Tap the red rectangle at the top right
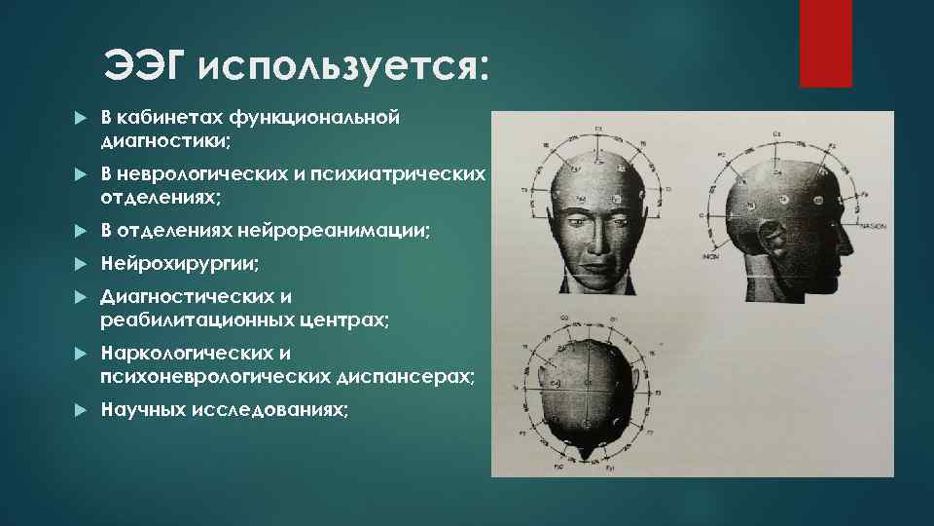click(825, 43)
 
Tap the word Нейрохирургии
click(180, 264)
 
